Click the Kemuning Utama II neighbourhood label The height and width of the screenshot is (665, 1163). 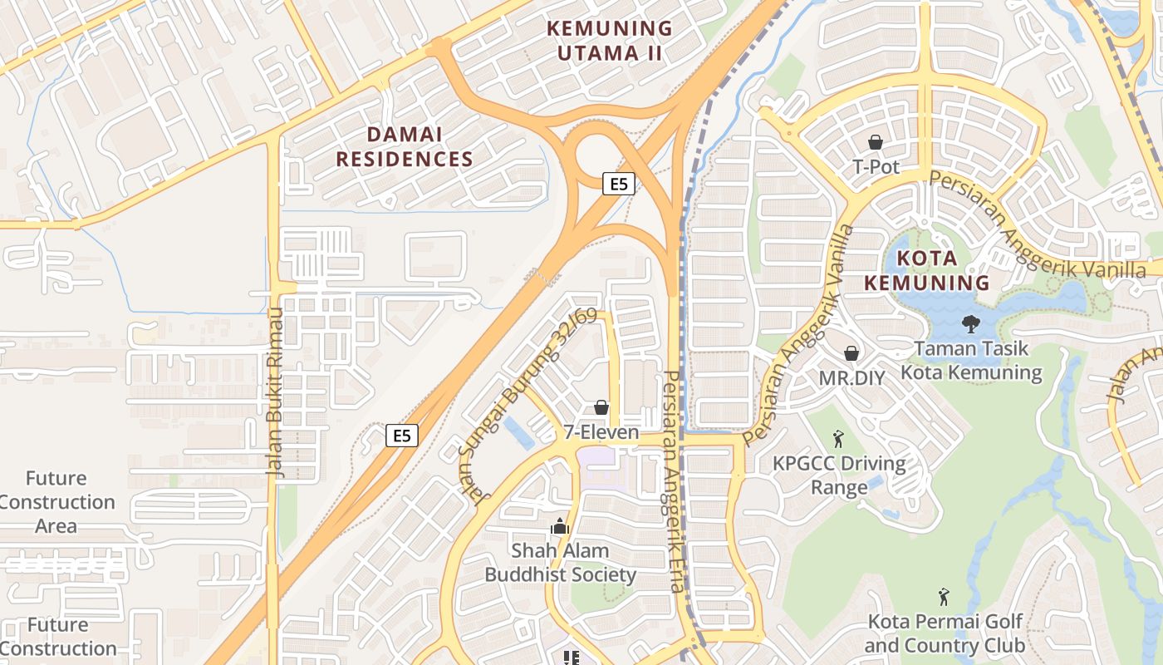tap(610, 40)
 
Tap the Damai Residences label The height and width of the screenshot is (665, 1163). tap(405, 146)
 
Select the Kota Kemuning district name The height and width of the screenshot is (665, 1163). tap(927, 270)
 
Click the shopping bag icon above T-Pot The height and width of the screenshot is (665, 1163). tap(876, 143)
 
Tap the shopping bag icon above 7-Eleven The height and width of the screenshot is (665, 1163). tap(601, 407)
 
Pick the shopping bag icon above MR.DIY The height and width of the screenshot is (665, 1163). tap(851, 353)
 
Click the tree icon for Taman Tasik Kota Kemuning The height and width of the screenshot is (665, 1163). tap(970, 323)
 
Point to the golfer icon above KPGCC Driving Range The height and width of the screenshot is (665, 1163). tap(838, 437)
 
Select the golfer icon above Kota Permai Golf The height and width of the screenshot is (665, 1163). tap(944, 596)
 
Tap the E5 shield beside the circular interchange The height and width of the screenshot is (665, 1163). tap(619, 184)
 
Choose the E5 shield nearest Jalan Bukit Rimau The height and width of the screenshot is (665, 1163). tap(402, 436)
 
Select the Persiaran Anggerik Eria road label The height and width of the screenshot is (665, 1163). tap(673, 482)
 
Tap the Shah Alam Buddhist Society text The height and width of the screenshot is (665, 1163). tap(561, 562)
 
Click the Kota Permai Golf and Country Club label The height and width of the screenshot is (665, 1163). tap(945, 633)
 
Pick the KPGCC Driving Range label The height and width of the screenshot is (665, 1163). tap(839, 475)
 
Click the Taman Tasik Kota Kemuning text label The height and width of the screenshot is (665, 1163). tap(971, 361)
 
